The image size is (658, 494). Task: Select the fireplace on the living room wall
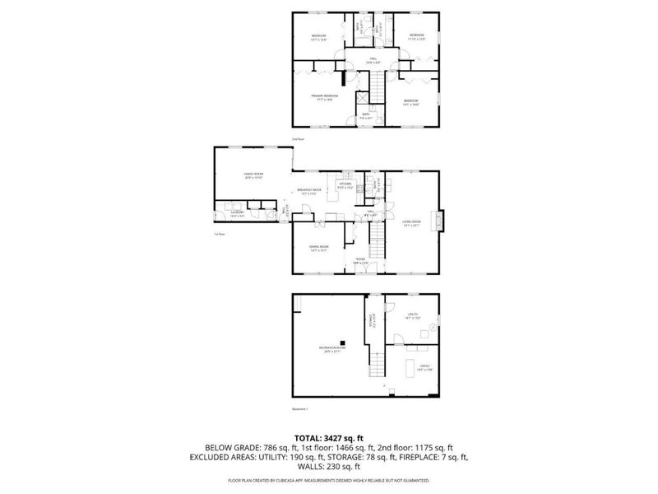(x=440, y=220)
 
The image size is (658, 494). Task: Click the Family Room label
(x=253, y=175)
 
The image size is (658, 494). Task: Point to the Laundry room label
(x=237, y=213)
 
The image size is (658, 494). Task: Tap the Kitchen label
(x=357, y=185)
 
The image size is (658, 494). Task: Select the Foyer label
(x=359, y=260)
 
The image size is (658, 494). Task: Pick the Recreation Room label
(x=332, y=349)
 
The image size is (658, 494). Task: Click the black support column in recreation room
(x=345, y=343)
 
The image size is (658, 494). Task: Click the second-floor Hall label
(x=372, y=60)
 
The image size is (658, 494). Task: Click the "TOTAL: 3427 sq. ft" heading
(x=328, y=437)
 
